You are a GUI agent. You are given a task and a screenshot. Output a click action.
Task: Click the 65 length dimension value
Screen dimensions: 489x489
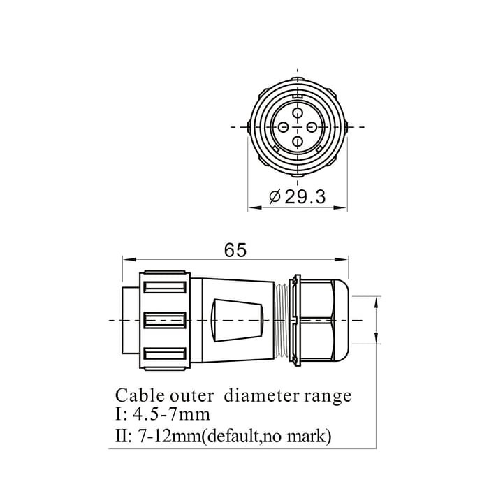[x=235, y=250]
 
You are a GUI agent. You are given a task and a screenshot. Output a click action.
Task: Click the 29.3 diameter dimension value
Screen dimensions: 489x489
[x=306, y=197]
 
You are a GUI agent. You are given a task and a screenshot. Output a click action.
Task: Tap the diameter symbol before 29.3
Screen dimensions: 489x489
[x=275, y=197]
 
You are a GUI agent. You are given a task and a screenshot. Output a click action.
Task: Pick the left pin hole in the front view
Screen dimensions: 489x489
[x=284, y=126]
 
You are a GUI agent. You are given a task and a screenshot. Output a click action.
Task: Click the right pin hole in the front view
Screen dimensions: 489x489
[x=312, y=126]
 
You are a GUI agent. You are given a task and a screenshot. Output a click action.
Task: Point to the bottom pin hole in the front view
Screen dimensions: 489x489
[x=298, y=142]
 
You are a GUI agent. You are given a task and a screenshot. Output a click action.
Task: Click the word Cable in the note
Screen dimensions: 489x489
[x=140, y=396]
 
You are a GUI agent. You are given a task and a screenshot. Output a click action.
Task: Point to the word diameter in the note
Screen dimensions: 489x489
[x=260, y=396]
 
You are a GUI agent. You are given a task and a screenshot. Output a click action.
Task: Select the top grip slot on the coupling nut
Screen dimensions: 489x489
[x=164, y=286]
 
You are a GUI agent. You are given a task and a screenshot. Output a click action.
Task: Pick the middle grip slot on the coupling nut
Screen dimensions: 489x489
[x=164, y=321]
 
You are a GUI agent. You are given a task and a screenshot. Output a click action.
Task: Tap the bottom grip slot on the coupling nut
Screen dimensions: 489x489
[x=164, y=354]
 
